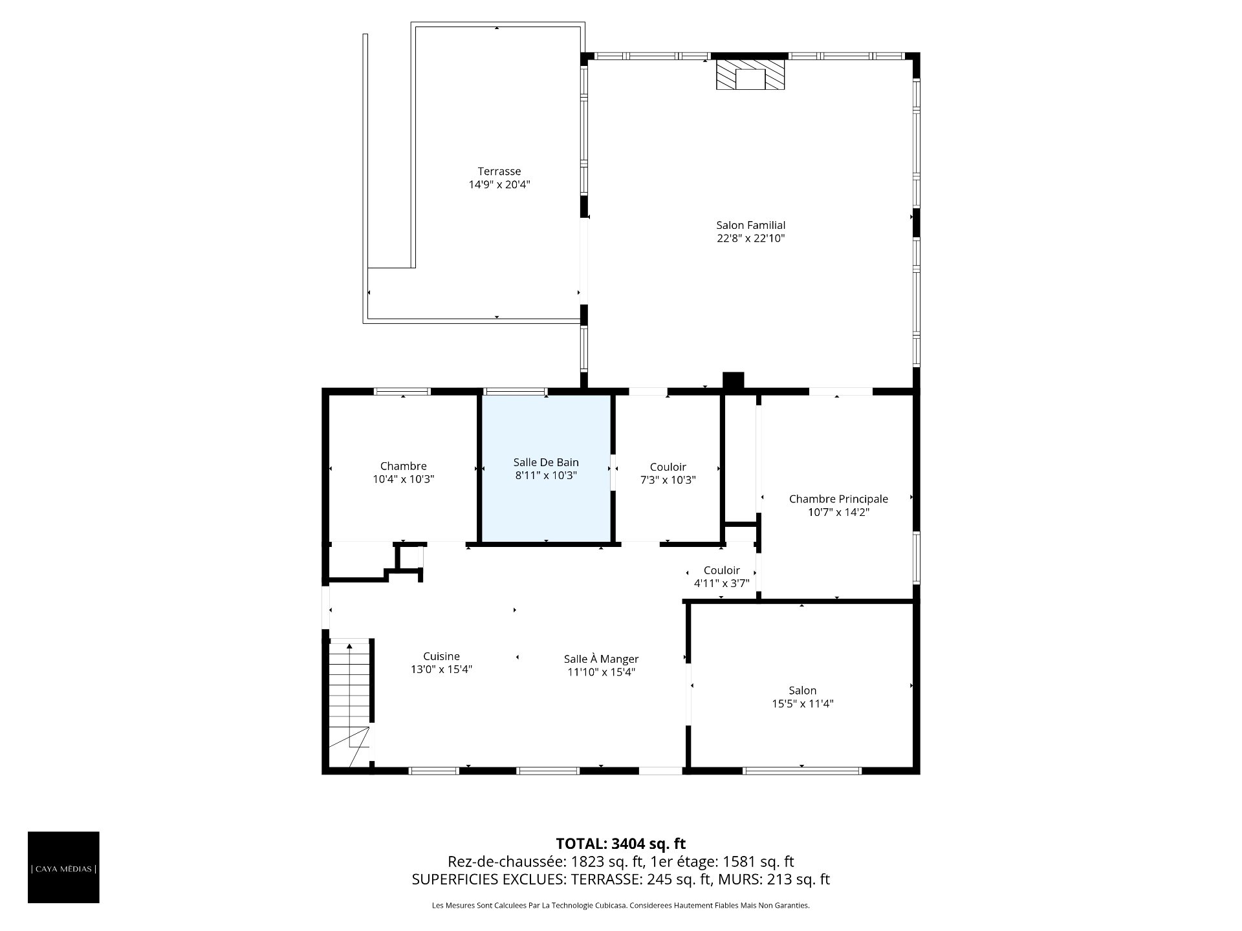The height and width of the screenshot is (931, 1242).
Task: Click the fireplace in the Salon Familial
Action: pyautogui.click(x=750, y=74)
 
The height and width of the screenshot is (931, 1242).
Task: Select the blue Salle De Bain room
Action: pyautogui.click(x=546, y=468)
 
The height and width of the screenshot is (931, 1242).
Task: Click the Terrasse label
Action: pyautogui.click(x=499, y=171)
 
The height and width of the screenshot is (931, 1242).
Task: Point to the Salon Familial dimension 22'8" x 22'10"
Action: pyautogui.click(x=750, y=239)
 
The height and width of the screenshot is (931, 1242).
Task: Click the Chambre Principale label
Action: pyautogui.click(x=838, y=498)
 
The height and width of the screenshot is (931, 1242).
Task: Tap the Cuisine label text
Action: pyautogui.click(x=441, y=656)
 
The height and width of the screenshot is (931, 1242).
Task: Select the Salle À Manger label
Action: pyautogui.click(x=601, y=659)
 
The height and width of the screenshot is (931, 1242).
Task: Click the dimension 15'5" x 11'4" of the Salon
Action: pyautogui.click(x=802, y=703)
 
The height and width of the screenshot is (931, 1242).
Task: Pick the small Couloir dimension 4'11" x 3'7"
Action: pyautogui.click(x=721, y=583)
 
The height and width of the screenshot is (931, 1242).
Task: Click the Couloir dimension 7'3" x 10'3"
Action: pyautogui.click(x=668, y=480)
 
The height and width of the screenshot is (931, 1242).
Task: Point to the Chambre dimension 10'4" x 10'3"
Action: pyautogui.click(x=403, y=479)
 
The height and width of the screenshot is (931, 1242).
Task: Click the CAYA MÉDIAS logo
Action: pyautogui.click(x=63, y=867)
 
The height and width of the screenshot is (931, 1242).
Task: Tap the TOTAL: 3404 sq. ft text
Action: pyautogui.click(x=621, y=844)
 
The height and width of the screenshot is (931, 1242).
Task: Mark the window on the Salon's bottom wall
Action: pyautogui.click(x=802, y=770)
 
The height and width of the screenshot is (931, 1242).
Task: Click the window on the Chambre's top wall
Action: pyautogui.click(x=402, y=391)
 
